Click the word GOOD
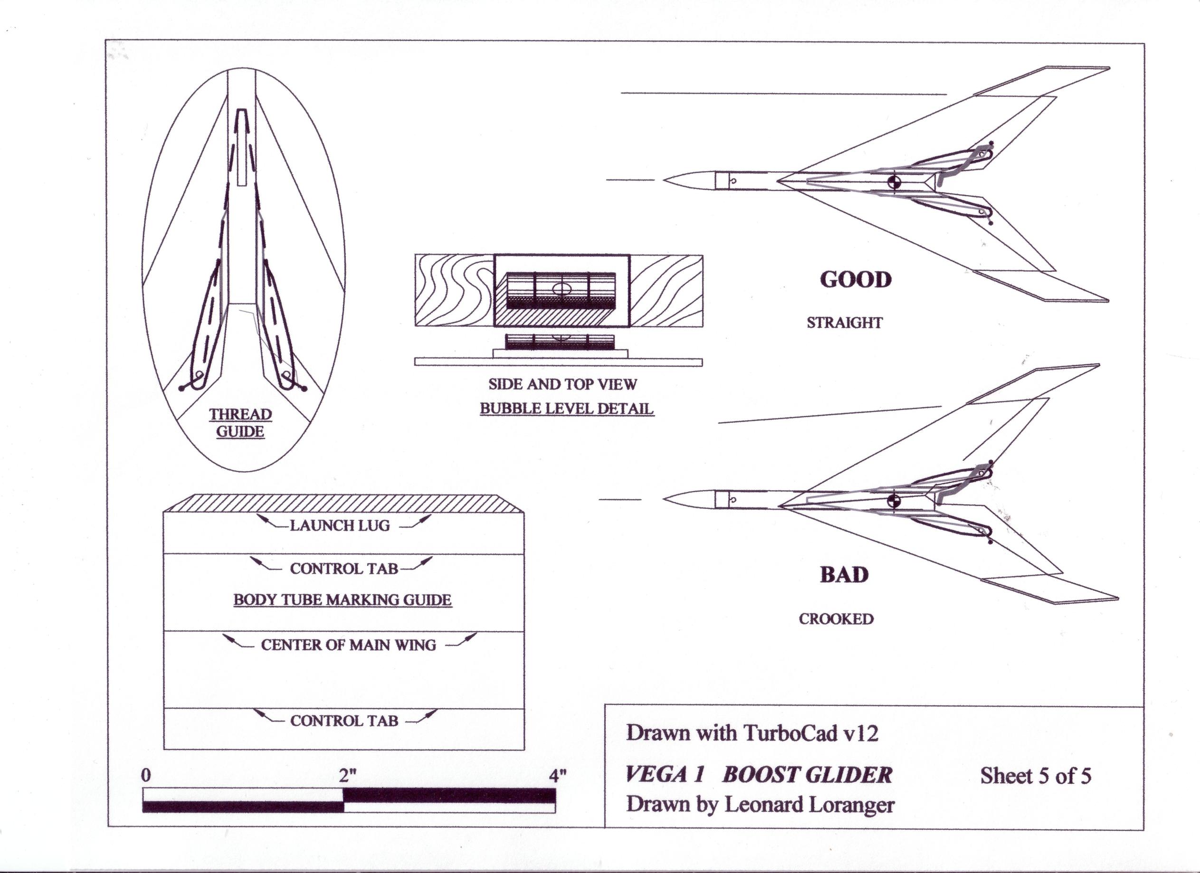click(x=856, y=280)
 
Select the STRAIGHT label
click(x=845, y=323)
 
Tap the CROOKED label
click(x=836, y=618)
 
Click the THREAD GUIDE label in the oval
click(x=240, y=422)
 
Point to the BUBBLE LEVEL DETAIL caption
click(x=567, y=408)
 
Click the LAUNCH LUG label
click(x=340, y=525)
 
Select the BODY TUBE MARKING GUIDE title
click(x=343, y=600)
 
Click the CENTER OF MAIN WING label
click(x=348, y=645)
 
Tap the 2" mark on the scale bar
click(x=347, y=776)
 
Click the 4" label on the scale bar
click(x=558, y=776)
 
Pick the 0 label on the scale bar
click(x=146, y=776)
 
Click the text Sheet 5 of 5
click(x=1036, y=776)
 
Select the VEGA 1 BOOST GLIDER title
click(x=759, y=775)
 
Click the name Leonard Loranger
click(x=809, y=805)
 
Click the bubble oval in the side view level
click(x=562, y=289)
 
